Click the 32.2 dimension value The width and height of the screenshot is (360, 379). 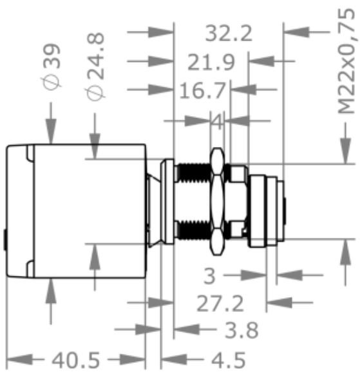[229, 34]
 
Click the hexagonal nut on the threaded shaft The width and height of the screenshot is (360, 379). [218, 200]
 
